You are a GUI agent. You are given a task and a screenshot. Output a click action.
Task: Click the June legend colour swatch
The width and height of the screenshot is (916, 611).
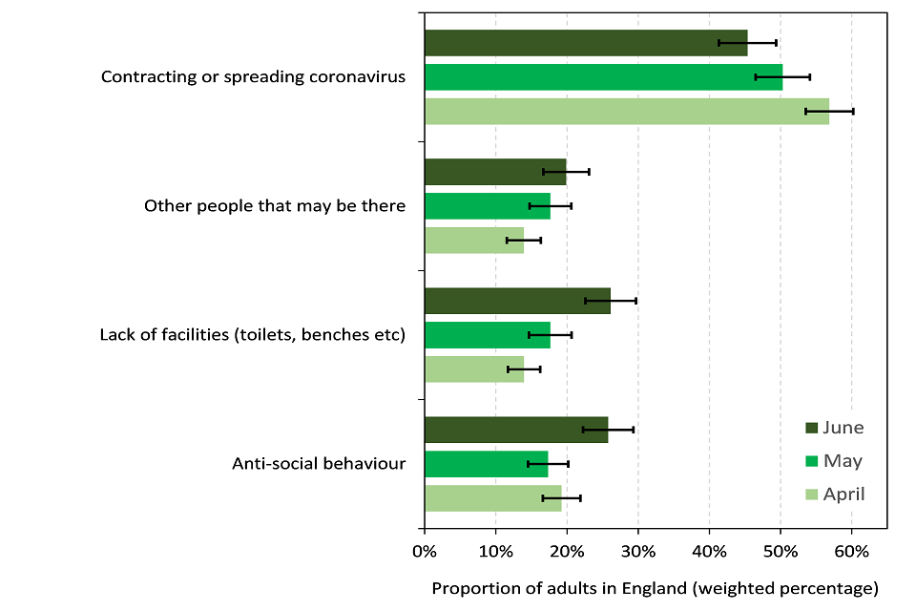point(812,428)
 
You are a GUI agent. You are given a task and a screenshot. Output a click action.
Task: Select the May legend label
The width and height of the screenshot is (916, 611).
point(843,461)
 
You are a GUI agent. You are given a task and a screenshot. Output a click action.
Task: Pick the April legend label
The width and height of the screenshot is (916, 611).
point(844,494)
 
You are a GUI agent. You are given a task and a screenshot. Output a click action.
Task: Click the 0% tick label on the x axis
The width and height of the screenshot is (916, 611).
point(424,551)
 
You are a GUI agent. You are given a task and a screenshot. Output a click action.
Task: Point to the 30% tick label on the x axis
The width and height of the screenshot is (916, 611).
point(637,551)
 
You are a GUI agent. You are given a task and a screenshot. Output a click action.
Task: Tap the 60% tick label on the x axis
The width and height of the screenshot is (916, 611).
point(851,551)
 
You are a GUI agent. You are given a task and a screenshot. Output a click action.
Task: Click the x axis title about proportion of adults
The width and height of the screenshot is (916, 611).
point(655,587)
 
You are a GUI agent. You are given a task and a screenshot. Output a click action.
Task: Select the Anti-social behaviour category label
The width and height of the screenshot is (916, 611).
point(319,464)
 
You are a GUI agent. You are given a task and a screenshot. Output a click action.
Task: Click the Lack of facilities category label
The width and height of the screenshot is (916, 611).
point(253,335)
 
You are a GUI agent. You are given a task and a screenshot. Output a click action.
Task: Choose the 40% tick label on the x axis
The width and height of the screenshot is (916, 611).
point(709,551)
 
